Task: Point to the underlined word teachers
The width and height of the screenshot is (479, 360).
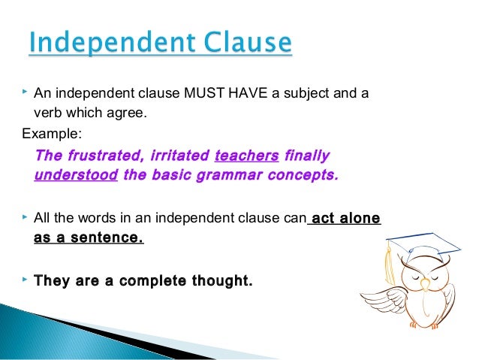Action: pos(246,156)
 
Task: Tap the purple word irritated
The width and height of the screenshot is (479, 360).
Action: pos(178,156)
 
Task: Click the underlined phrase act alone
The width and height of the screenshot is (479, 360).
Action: pos(345,219)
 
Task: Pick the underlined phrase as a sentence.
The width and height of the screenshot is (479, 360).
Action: pos(88,238)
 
